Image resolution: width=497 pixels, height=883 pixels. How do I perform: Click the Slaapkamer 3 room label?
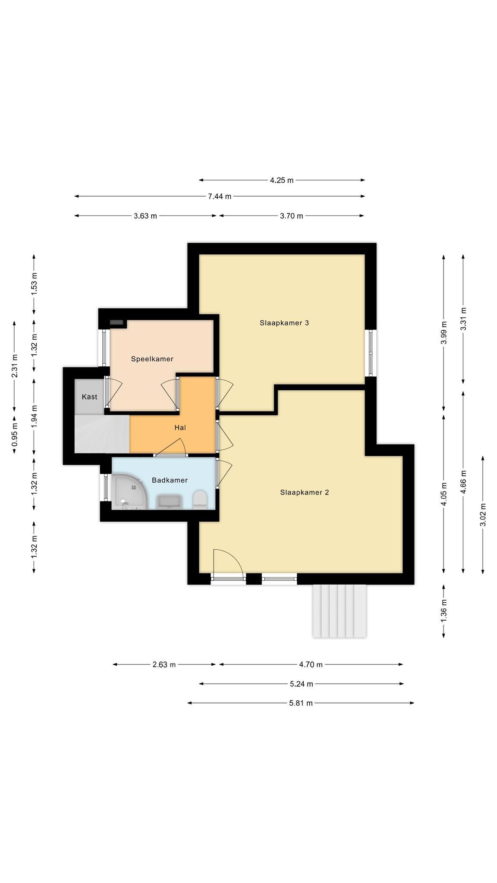tap(284, 323)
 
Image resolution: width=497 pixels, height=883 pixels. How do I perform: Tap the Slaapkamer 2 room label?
tap(304, 492)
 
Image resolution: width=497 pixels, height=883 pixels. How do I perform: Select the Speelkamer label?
tap(152, 359)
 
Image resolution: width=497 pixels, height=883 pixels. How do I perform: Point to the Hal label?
tap(180, 428)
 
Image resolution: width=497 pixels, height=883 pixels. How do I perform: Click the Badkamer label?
tap(170, 480)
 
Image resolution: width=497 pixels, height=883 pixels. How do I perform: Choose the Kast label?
tap(90, 397)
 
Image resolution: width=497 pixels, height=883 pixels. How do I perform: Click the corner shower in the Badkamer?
tap(129, 492)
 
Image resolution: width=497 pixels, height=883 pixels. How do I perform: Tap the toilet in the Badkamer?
tap(200, 500)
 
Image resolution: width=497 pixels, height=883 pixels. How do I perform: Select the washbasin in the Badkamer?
tap(169, 502)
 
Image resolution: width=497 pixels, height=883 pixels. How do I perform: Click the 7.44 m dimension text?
tap(220, 197)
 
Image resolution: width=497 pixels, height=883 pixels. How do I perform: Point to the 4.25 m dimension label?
tap(282, 180)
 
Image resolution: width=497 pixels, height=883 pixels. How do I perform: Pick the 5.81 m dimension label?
tap(301, 703)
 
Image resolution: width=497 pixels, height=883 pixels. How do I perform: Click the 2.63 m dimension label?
tap(164, 664)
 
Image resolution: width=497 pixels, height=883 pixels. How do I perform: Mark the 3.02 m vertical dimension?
tap(483, 515)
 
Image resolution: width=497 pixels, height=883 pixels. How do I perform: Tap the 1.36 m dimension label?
tap(444, 611)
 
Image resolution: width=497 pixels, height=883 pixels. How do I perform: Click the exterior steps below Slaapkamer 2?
tap(340, 611)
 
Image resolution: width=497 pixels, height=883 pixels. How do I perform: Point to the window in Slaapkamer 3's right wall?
tap(371, 353)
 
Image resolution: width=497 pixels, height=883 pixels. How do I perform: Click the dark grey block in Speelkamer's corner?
tap(116, 322)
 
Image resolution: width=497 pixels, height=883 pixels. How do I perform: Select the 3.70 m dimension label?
tap(292, 216)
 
